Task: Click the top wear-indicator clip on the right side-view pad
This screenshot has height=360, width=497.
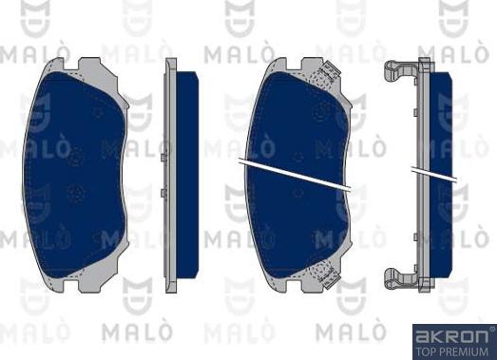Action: (401, 69)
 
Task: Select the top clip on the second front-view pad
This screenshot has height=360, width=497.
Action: (330, 71)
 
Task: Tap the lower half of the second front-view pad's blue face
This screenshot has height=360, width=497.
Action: (299, 228)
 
